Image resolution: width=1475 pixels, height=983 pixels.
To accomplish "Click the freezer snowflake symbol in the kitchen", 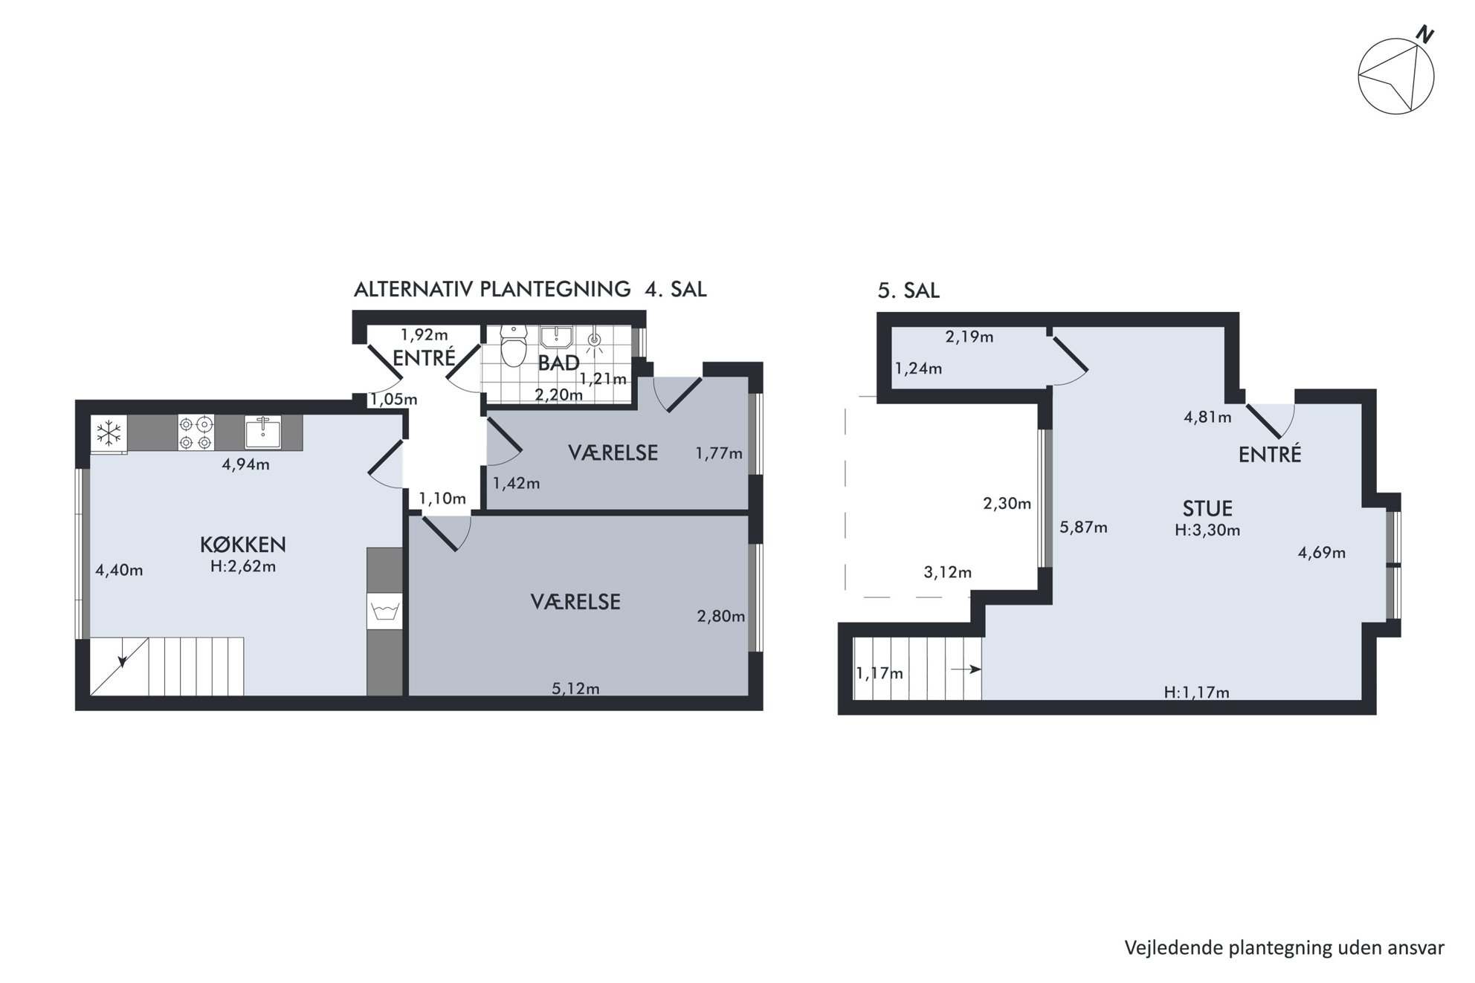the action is pyautogui.click(x=109, y=432).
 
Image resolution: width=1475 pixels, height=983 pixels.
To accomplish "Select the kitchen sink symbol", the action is pyautogui.click(x=263, y=432).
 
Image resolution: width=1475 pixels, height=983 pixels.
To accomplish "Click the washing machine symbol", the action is pyautogui.click(x=385, y=611).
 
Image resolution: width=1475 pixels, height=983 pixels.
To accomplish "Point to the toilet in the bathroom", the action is pyautogui.click(x=513, y=346).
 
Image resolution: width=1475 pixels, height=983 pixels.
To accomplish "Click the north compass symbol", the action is pyautogui.click(x=1395, y=74).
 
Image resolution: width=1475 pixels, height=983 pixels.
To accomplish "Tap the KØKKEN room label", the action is pyautogui.click(x=243, y=545).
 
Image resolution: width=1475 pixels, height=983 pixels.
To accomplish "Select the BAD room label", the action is pyautogui.click(x=558, y=363).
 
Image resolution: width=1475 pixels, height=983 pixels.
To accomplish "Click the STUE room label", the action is pyautogui.click(x=1207, y=509).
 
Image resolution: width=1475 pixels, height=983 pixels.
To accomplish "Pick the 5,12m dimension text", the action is pyautogui.click(x=575, y=689).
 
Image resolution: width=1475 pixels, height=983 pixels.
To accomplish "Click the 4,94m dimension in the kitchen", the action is pyautogui.click(x=245, y=465).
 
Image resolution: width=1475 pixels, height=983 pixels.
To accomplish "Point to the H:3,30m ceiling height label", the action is pyautogui.click(x=1207, y=531).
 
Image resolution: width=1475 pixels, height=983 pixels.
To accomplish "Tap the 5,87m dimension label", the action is pyautogui.click(x=1083, y=528).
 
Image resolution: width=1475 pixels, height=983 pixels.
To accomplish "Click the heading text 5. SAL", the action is pyautogui.click(x=908, y=291).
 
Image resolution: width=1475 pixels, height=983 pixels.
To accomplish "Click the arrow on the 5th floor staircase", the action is pyautogui.click(x=966, y=669).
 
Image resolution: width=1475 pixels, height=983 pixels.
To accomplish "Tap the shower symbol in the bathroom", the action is pyautogui.click(x=594, y=341).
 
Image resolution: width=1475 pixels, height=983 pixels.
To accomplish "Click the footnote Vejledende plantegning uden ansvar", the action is pyautogui.click(x=1284, y=948).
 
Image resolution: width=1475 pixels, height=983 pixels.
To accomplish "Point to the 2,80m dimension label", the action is pyautogui.click(x=720, y=616).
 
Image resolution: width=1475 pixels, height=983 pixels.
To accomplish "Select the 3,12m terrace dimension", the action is pyautogui.click(x=947, y=572).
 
